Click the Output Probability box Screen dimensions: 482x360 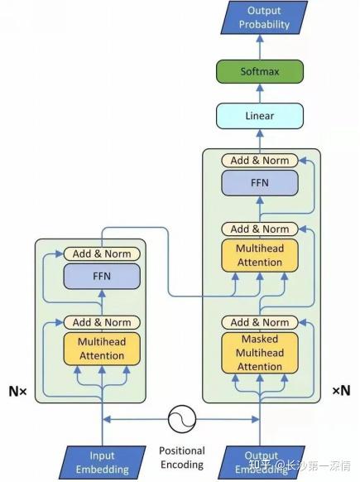pyautogui.click(x=259, y=18)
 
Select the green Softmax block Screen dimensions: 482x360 pyautogui.click(x=260, y=72)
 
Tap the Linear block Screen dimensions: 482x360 pyautogui.click(x=260, y=116)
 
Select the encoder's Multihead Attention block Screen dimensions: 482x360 pyautogui.click(x=102, y=349)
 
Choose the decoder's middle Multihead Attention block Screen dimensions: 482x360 pyautogui.click(x=260, y=254)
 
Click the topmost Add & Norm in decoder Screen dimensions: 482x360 pyautogui.click(x=260, y=160)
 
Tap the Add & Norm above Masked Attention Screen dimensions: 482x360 pyautogui.click(x=260, y=322)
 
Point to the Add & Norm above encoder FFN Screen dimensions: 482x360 pyautogui.click(x=102, y=253)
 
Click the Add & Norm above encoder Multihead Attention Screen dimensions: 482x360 pyautogui.click(x=102, y=322)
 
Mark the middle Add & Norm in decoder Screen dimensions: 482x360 pyautogui.click(x=260, y=229)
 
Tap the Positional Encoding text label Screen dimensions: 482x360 pyautogui.click(x=181, y=458)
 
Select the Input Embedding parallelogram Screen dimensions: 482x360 pyautogui.click(x=102, y=462)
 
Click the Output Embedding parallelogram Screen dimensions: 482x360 pyautogui.click(x=259, y=462)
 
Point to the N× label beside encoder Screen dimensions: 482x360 pyautogui.click(x=17, y=390)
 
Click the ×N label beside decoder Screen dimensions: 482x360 pyautogui.click(x=341, y=390)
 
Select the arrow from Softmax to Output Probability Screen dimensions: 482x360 pyautogui.click(x=260, y=47)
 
